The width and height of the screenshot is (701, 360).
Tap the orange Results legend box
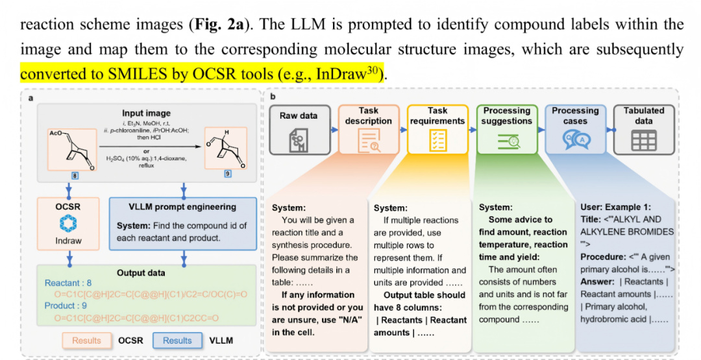click(86, 341)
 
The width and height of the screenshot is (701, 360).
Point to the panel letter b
click(273, 97)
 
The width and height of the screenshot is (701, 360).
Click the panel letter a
click(31, 97)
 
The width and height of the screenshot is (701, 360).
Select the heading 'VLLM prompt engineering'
click(184, 207)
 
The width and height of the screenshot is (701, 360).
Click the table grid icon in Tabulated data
click(644, 140)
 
